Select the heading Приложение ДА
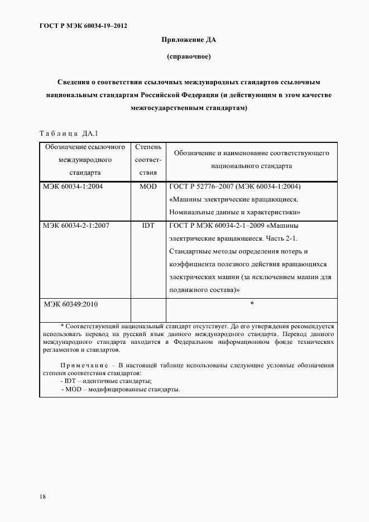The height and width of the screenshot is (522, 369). pos(188,40)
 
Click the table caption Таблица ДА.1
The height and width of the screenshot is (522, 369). pos(69,133)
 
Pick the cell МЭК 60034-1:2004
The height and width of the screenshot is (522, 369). pos(73,186)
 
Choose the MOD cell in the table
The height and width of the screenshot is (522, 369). pos(148,186)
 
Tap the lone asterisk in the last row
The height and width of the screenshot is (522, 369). pos(252,304)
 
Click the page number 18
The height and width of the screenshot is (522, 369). pos(43,496)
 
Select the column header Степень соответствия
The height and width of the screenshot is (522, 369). pos(148,160)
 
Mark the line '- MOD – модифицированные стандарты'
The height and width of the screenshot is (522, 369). pos(121,389)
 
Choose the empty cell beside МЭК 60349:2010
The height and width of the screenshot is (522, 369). pos(148,309)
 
